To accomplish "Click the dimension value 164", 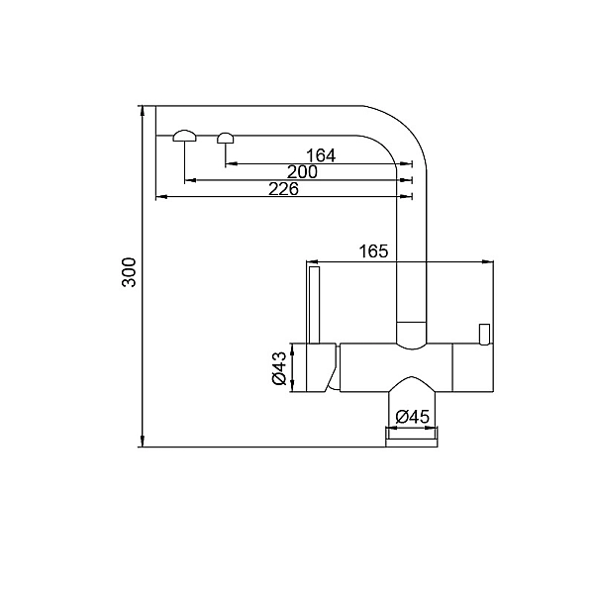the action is [321, 155].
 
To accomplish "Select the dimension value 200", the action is [302, 172].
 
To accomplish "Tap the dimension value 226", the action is [283, 189].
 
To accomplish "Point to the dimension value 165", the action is [373, 250].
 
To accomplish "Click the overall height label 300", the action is [129, 272].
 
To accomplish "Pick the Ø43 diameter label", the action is [279, 368].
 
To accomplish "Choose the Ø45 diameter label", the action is [412, 417].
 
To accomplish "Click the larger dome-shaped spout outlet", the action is [185, 136].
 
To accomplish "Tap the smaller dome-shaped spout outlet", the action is [226, 138].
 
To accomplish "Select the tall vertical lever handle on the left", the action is [315, 305].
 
